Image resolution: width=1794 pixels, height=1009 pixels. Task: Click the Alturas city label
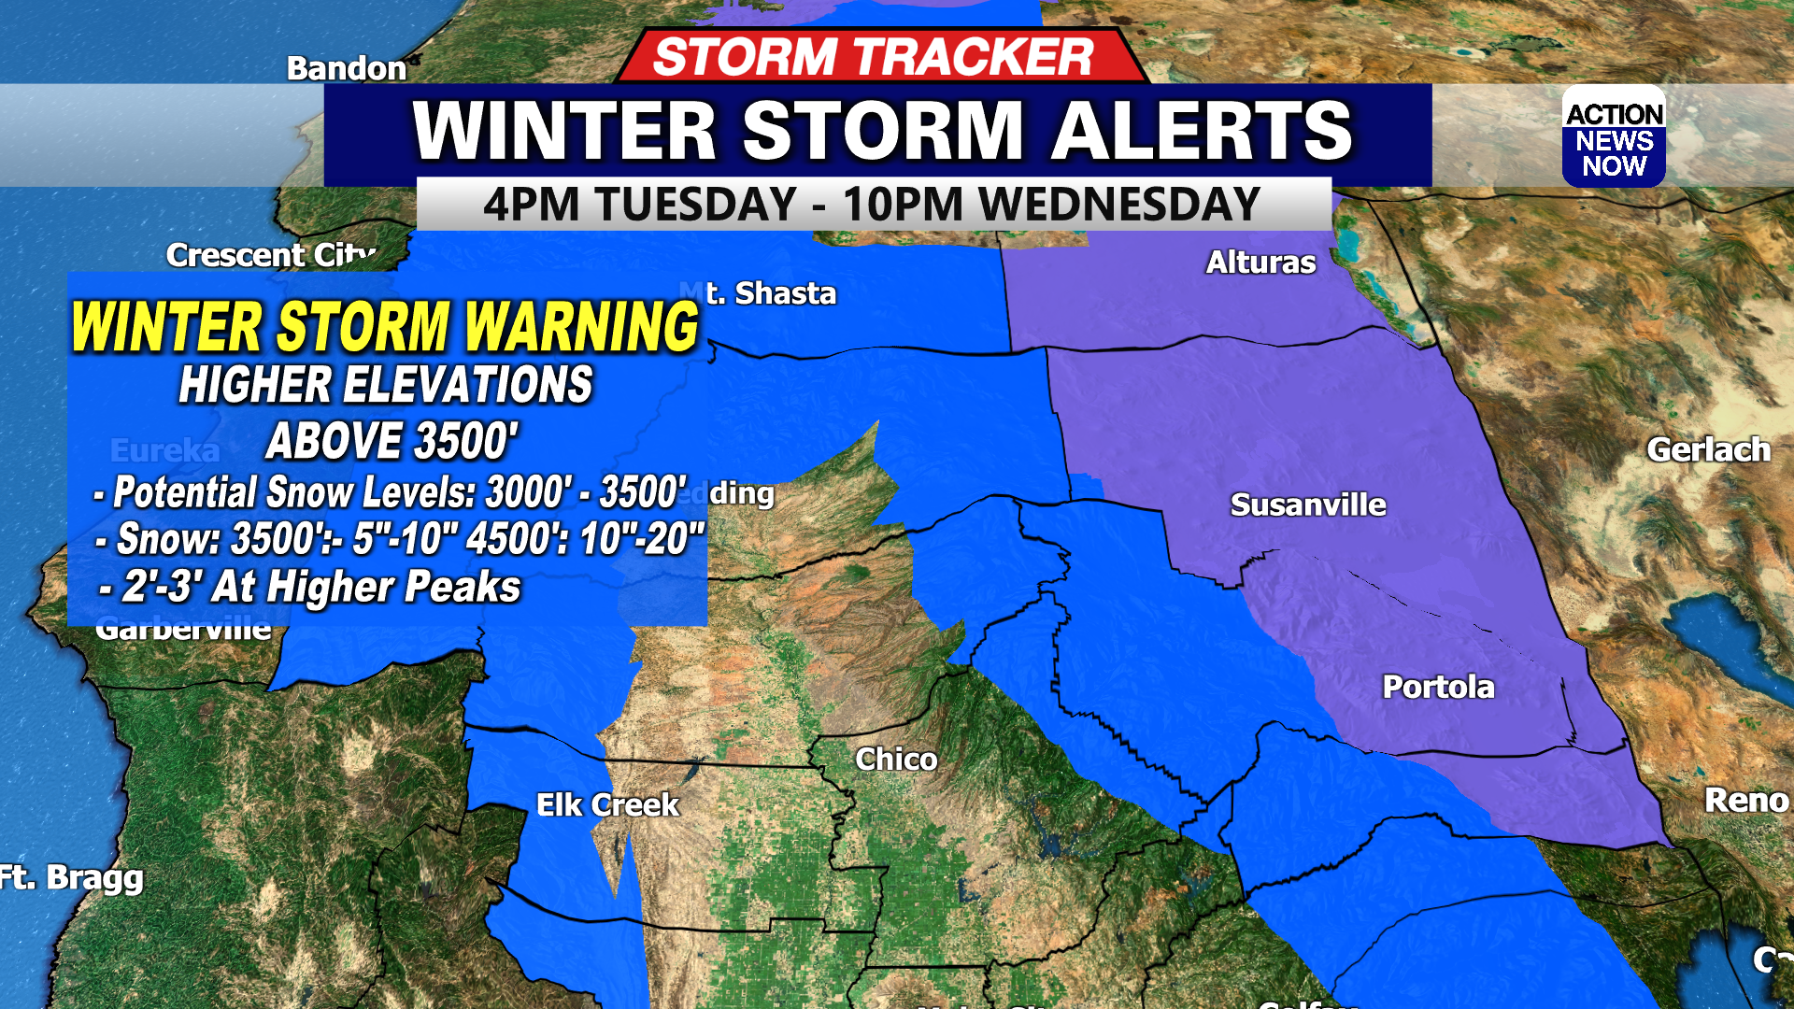(x=1260, y=263)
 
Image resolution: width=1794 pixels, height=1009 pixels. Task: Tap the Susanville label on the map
(x=1307, y=505)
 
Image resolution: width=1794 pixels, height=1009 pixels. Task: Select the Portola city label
(x=1438, y=688)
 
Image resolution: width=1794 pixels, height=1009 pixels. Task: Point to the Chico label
(x=896, y=760)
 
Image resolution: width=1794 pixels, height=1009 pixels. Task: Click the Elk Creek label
(x=607, y=805)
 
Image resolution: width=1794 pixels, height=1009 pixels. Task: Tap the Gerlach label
(x=1708, y=450)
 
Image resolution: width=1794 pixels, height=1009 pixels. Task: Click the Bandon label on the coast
(x=346, y=68)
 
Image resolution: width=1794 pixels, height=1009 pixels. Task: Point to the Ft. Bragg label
(x=72, y=878)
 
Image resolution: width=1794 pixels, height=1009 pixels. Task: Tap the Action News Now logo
(x=1614, y=138)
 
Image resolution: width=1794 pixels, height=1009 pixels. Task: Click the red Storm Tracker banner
(x=874, y=57)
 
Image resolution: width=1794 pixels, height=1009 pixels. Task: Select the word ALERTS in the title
(x=1203, y=131)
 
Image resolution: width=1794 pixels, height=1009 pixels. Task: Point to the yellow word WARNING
(x=581, y=327)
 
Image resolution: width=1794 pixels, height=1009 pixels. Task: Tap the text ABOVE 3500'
(x=392, y=442)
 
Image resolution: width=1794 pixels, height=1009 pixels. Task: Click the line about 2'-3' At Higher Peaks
(x=311, y=588)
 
